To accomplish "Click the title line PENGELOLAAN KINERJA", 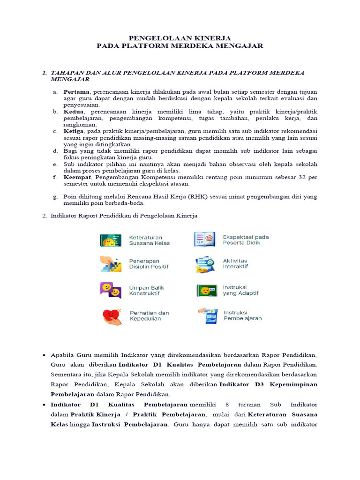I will tap(180, 37).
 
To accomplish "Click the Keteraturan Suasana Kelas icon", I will tap(111, 240).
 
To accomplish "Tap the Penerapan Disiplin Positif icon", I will tap(111, 264).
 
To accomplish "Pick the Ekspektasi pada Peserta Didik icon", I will tap(205, 240).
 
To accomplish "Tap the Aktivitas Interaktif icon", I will tap(205, 264).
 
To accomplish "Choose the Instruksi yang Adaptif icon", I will tap(207, 291).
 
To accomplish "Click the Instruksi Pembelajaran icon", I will tap(207, 315).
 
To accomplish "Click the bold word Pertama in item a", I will tap(76, 92).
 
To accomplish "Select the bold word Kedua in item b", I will tap(74, 112).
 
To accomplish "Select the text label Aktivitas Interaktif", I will tap(235, 263).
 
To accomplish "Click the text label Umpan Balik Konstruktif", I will tap(147, 291).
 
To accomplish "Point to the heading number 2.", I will tap(44, 216).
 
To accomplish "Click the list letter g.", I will tap(55, 197).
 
